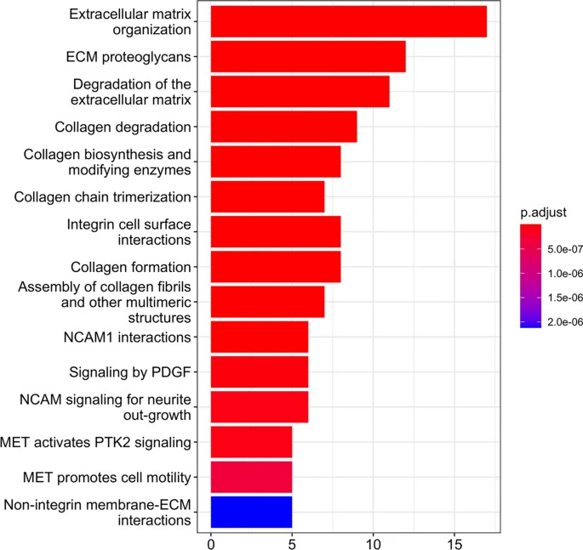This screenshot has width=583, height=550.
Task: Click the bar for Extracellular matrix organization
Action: click(348, 21)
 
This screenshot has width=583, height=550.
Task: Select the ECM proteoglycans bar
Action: click(307, 57)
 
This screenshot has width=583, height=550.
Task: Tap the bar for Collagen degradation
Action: click(283, 127)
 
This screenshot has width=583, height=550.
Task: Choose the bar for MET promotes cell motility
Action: click(251, 476)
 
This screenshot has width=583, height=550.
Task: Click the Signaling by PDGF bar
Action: click(259, 371)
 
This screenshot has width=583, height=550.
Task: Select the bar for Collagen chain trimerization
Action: click(267, 197)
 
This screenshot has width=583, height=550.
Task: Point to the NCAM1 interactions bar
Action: click(259, 337)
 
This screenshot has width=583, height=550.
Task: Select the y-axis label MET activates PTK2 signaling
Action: click(95, 441)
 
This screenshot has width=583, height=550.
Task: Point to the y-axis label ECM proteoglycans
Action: click(127, 57)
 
